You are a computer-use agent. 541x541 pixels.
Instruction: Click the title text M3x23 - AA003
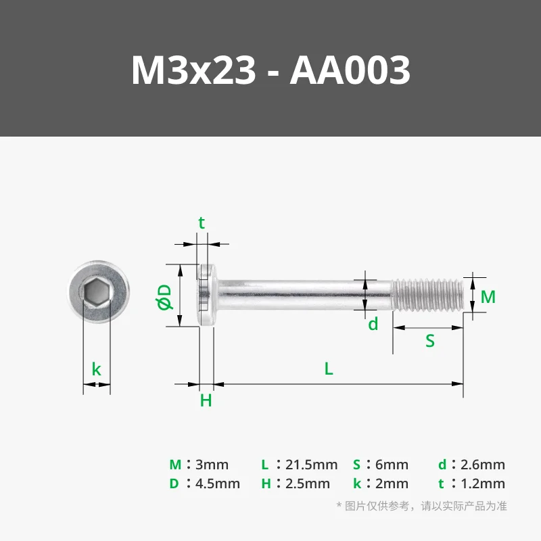coord(270,70)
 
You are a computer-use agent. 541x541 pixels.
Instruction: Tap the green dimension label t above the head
coord(201,223)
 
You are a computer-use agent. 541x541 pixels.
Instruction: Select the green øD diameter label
coord(164,297)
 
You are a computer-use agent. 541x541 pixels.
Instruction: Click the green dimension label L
coord(329,369)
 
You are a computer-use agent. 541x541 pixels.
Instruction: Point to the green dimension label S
coord(429,341)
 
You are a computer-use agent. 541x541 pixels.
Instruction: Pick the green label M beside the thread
coord(488,297)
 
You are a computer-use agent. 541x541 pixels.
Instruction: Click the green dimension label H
coord(206,400)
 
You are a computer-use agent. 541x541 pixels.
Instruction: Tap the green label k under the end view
coord(97,370)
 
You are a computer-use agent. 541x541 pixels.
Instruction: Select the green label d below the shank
coord(373,324)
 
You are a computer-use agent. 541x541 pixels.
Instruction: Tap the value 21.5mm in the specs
coord(312,465)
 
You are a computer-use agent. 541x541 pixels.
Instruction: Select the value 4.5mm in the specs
coord(217,484)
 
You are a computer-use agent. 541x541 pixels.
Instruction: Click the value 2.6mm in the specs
coord(481,465)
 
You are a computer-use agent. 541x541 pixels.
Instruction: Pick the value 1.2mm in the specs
coord(481,484)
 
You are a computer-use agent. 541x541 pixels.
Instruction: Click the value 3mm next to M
coord(212,465)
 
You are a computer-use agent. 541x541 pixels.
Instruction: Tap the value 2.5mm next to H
coord(308,484)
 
